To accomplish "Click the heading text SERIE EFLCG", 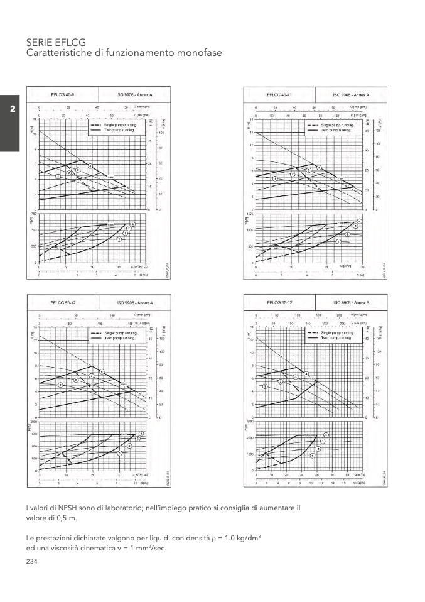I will tap(56, 41).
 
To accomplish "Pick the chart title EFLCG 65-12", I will tap(279, 302).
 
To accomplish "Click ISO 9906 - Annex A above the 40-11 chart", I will tap(350, 94).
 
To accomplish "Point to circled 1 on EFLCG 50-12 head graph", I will tap(60, 385).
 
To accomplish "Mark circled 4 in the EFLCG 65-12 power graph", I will tap(326, 435).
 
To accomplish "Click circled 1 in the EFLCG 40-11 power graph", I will tap(338, 242).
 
